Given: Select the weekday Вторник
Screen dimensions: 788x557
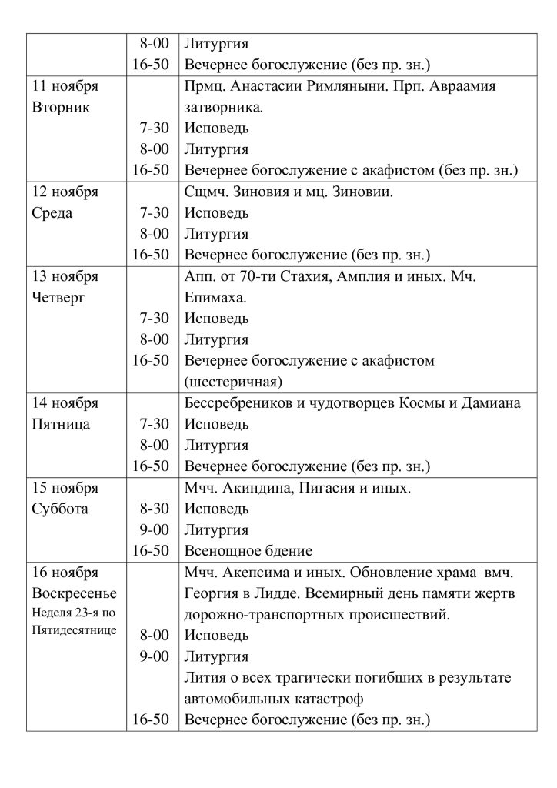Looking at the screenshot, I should (61, 107).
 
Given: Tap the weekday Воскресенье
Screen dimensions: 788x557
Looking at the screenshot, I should (72, 593).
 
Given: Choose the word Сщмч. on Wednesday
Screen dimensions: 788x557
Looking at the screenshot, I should (205, 192).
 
